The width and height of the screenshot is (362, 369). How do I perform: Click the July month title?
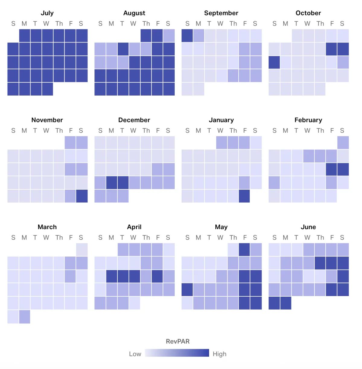pos(47,13)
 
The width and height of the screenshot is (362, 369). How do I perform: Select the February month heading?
pos(308,120)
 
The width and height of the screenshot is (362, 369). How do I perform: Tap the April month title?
pos(134,227)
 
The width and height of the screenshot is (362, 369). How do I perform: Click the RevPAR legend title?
pos(178,341)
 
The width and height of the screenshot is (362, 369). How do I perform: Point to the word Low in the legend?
pos(135,354)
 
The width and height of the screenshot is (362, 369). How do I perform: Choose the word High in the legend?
pos(219,354)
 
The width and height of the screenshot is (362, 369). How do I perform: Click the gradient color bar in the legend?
pos(177,353)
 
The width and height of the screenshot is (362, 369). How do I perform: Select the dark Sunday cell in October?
pos(274,62)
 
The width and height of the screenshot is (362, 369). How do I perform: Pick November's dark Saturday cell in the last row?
pos(82,196)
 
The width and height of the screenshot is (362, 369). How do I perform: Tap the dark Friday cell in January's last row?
pos(244,196)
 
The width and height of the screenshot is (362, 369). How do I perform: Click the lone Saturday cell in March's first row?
pos(82,250)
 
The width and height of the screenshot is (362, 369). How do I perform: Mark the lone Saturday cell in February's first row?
pos(343,143)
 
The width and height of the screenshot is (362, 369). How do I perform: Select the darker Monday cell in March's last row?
pos(24,317)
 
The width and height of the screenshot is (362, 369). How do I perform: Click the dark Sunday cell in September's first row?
pos(187,36)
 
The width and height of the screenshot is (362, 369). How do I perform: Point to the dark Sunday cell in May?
pos(187,289)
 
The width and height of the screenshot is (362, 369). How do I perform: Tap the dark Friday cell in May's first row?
pos(244,250)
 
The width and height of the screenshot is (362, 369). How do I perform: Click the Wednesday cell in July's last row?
pos(47,89)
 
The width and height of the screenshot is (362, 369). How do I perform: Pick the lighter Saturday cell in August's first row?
pos(169,36)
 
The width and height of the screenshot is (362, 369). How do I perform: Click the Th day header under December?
pos(146,131)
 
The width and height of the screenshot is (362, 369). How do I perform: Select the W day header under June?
pos(307,238)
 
